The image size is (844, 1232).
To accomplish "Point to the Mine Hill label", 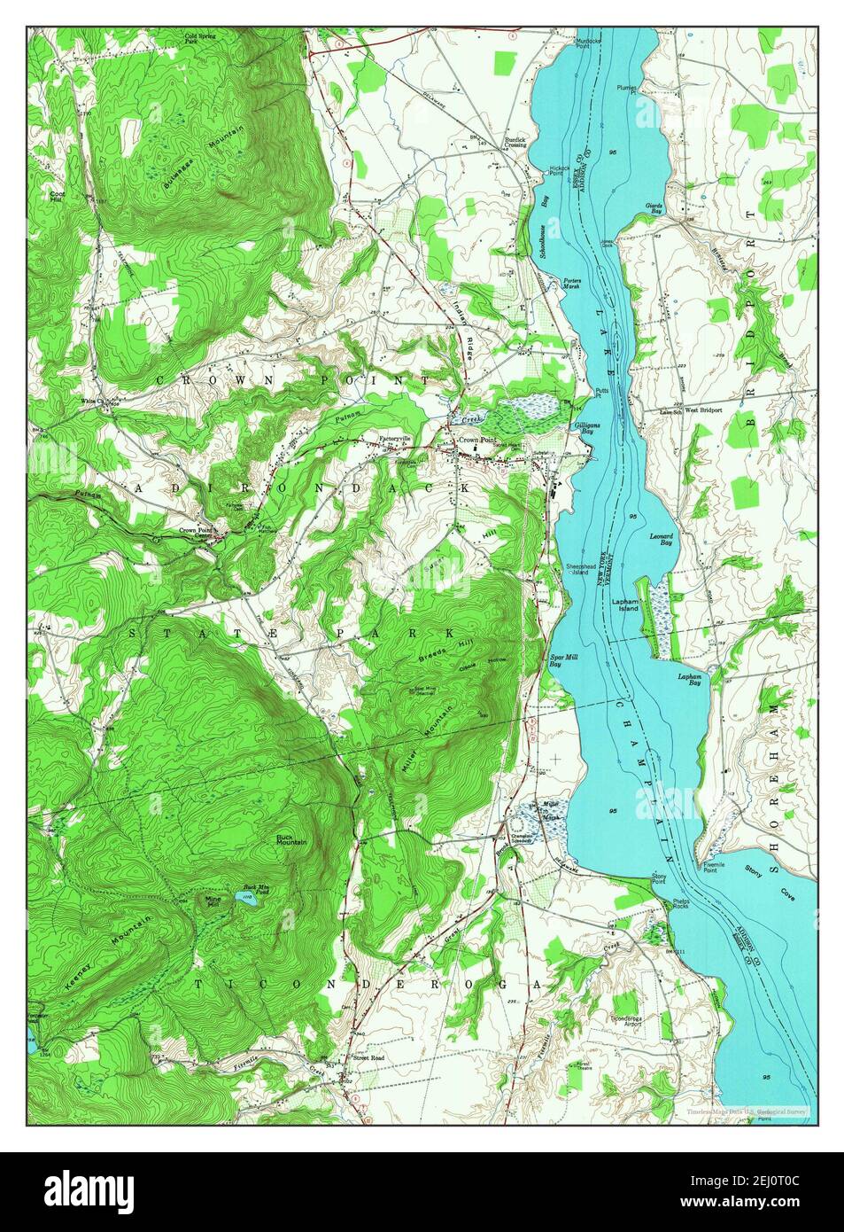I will tap(213, 900).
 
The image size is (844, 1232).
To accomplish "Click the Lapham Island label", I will tap(625, 604).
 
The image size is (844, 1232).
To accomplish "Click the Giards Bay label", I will tap(654, 210).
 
